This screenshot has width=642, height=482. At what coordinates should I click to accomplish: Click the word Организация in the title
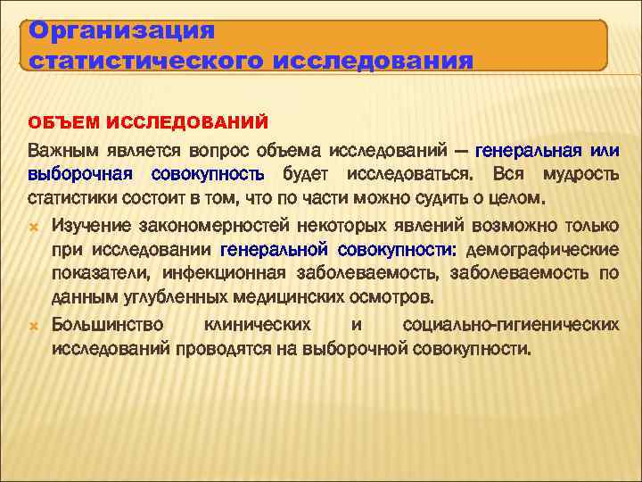point(122,32)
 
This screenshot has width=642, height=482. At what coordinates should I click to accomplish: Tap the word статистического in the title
point(144,61)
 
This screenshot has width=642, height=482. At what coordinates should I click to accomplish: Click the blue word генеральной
point(273,247)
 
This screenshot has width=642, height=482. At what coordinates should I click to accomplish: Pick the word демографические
point(542,247)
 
